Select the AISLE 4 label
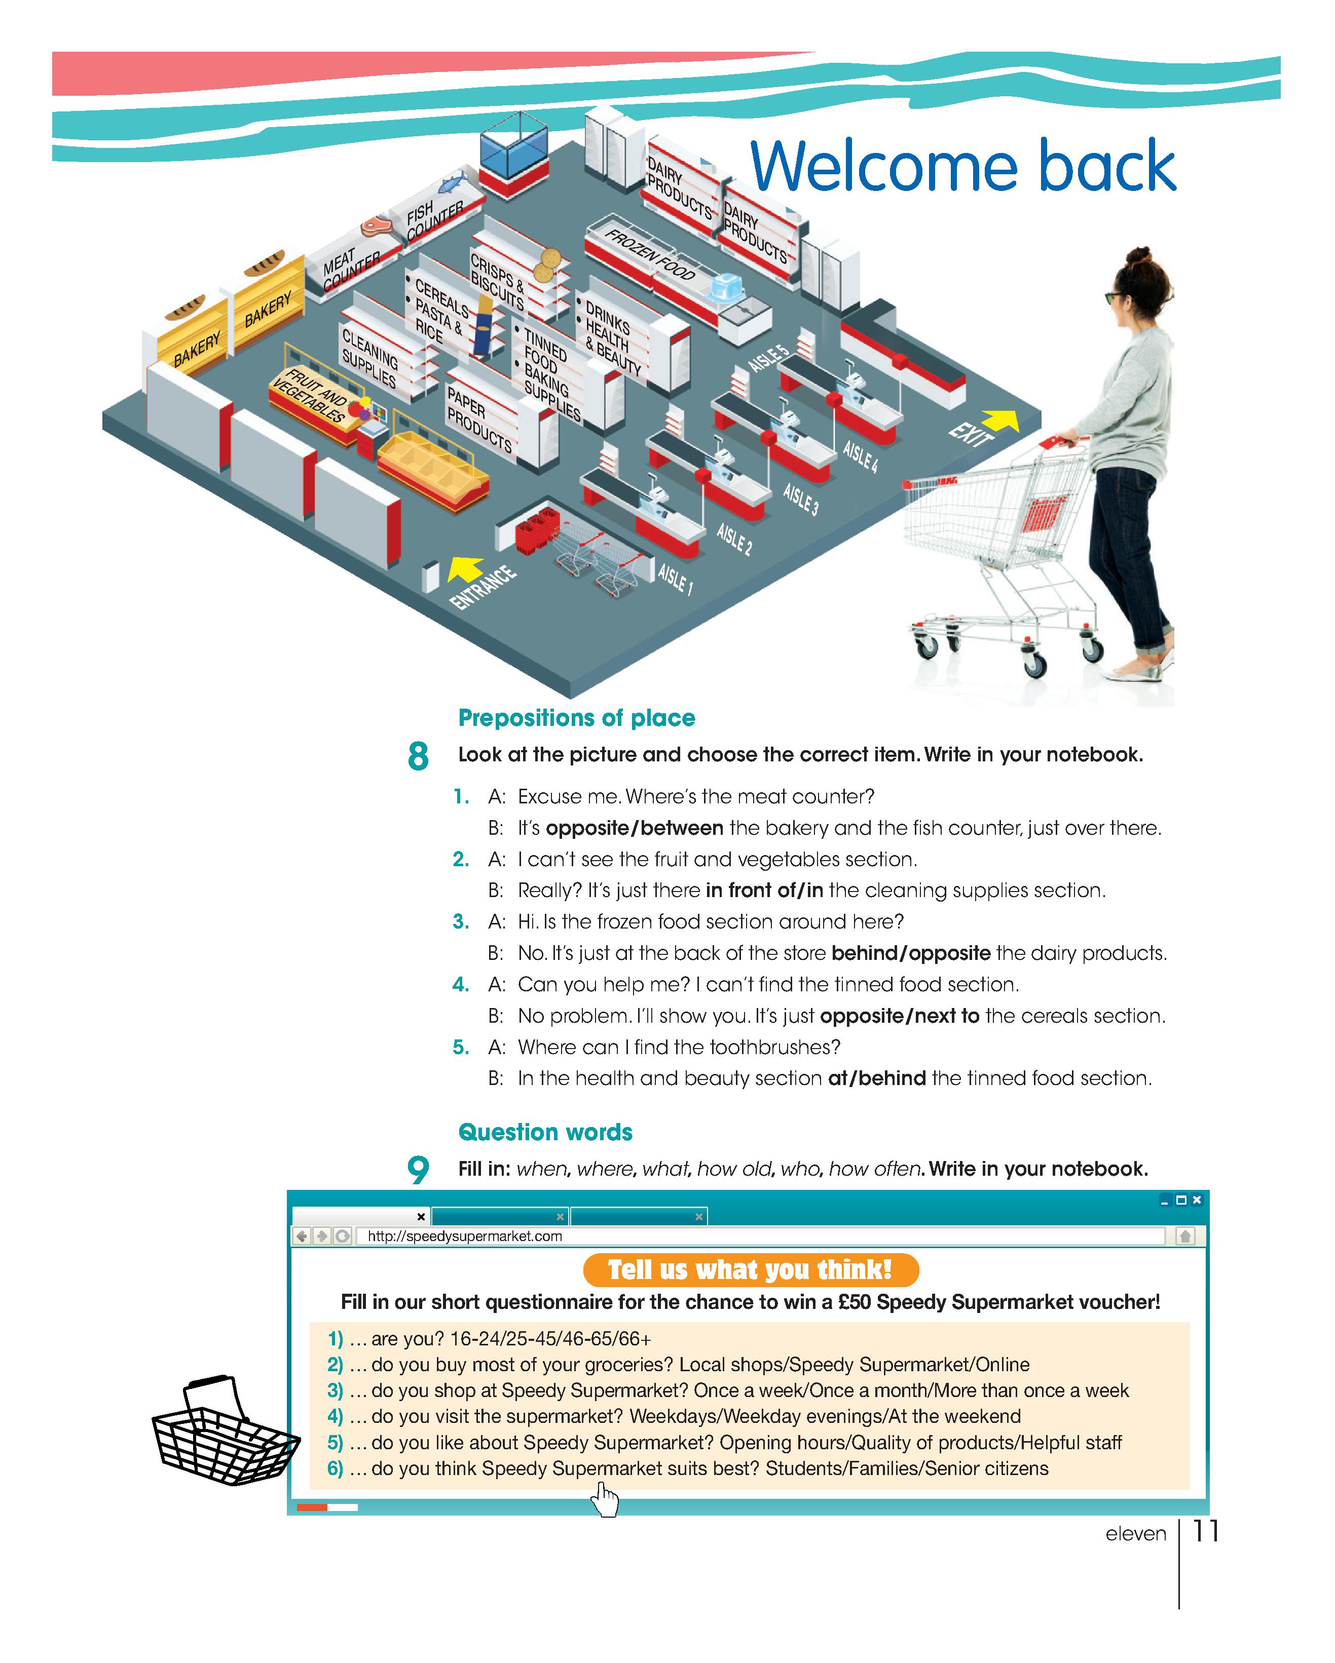[x=860, y=456]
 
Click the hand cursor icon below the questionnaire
[x=605, y=1499]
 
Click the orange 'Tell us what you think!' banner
[x=750, y=1269]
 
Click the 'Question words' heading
[x=545, y=1132]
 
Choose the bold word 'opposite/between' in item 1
[x=634, y=828]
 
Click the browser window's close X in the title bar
[x=1197, y=1200]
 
